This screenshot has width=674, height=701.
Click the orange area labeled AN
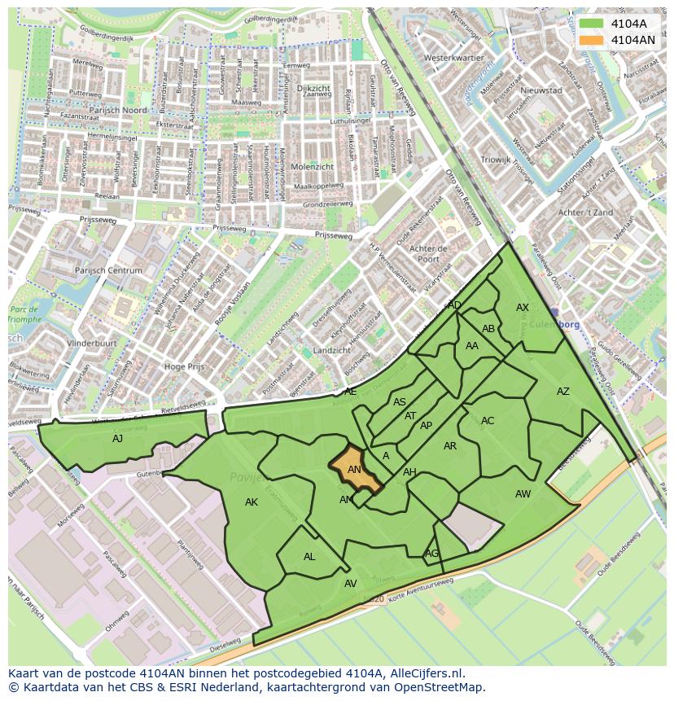pos(356,470)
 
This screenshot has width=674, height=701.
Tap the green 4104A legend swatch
pos(592,24)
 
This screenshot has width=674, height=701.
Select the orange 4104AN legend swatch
pos(592,40)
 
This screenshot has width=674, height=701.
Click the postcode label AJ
pos(118,438)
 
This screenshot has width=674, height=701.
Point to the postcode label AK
pos(252,502)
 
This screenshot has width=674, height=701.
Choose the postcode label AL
pos(309,557)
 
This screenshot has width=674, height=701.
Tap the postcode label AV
pos(351,584)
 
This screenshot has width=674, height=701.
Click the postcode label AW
pos(523,494)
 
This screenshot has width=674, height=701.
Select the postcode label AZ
pos(563,392)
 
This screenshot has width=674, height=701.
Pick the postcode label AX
pos(523,308)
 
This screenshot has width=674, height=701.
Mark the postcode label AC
pos(488,421)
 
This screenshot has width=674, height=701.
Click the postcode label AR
pos(450,446)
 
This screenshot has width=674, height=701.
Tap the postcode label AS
pos(400,402)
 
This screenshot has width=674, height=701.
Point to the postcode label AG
pos(431,554)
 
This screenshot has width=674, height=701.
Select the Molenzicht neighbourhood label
pos(312,166)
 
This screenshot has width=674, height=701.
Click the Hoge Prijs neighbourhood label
pos(185,367)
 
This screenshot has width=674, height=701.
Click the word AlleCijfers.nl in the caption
pos(424,673)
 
